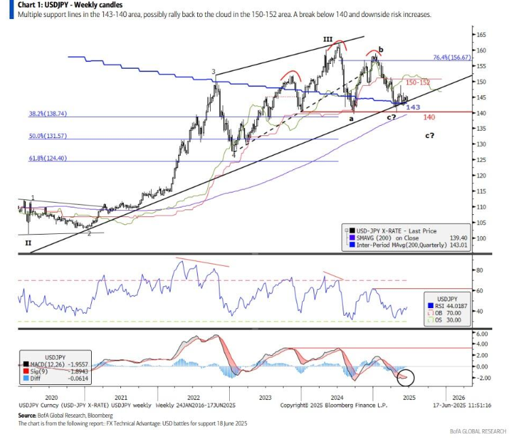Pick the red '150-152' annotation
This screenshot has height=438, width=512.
[417, 82]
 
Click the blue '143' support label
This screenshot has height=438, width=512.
[411, 107]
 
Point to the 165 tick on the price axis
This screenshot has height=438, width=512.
[481, 35]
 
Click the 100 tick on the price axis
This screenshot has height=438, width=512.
[481, 238]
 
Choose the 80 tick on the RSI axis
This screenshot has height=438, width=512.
[479, 270]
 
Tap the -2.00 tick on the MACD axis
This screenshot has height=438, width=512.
[483, 377]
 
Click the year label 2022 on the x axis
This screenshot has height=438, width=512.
[193, 397]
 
